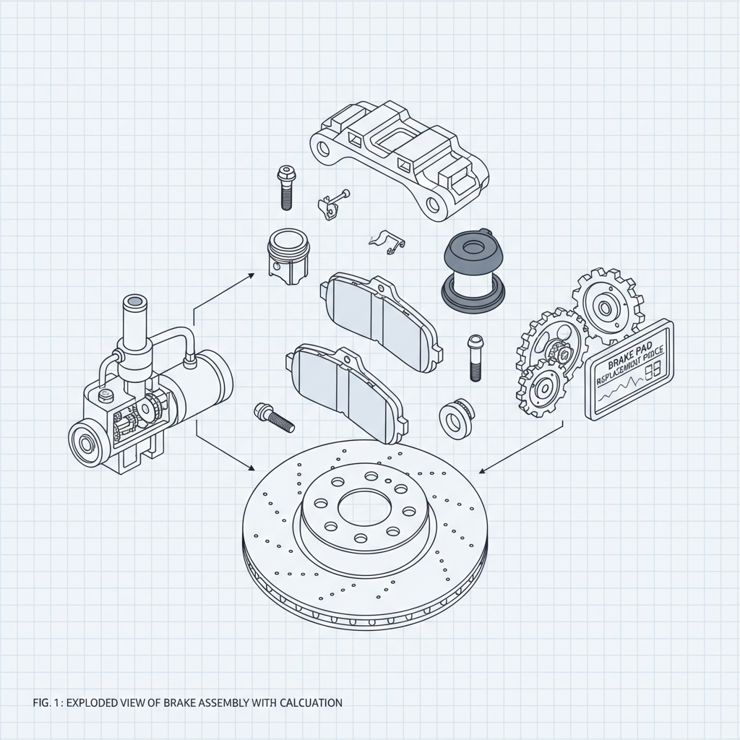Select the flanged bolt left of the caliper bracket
coord(285,187)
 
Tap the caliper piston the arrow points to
coord(287,257)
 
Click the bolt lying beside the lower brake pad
coord(274,418)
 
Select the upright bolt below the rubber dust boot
coord(475,357)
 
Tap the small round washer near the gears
coord(455,417)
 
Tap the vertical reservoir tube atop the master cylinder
coord(134,322)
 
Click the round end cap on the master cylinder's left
coord(85,442)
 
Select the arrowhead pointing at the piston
coord(250,274)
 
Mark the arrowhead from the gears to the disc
coord(483,472)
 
